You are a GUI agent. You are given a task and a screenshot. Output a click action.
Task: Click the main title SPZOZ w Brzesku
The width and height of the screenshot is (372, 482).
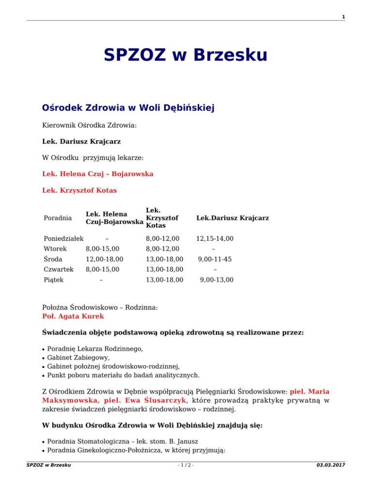(185, 55)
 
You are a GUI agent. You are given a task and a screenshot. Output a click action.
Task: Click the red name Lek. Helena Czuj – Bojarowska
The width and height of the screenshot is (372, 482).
(98, 174)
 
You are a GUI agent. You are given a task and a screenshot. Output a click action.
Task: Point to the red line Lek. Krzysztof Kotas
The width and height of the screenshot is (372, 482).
(79, 190)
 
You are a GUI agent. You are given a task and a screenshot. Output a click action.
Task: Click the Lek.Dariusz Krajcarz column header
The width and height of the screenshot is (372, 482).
(232, 218)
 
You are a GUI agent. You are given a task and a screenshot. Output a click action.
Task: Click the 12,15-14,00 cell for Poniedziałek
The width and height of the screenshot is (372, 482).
(215, 238)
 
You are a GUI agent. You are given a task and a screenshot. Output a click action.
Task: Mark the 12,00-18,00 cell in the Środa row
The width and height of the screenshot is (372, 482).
(104, 259)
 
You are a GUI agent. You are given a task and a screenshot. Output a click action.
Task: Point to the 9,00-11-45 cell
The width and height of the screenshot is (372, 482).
(215, 259)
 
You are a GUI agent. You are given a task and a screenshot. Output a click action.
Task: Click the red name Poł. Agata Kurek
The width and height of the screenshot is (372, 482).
(73, 316)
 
